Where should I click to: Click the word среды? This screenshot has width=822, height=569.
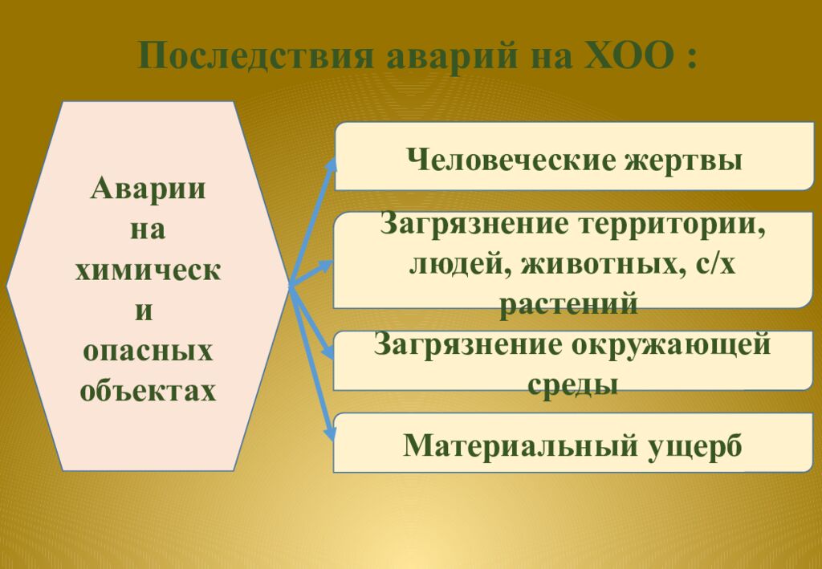pos(572,384)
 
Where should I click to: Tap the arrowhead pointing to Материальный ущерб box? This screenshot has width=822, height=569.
pos(329,433)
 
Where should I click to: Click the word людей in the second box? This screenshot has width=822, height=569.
pos(456,263)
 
